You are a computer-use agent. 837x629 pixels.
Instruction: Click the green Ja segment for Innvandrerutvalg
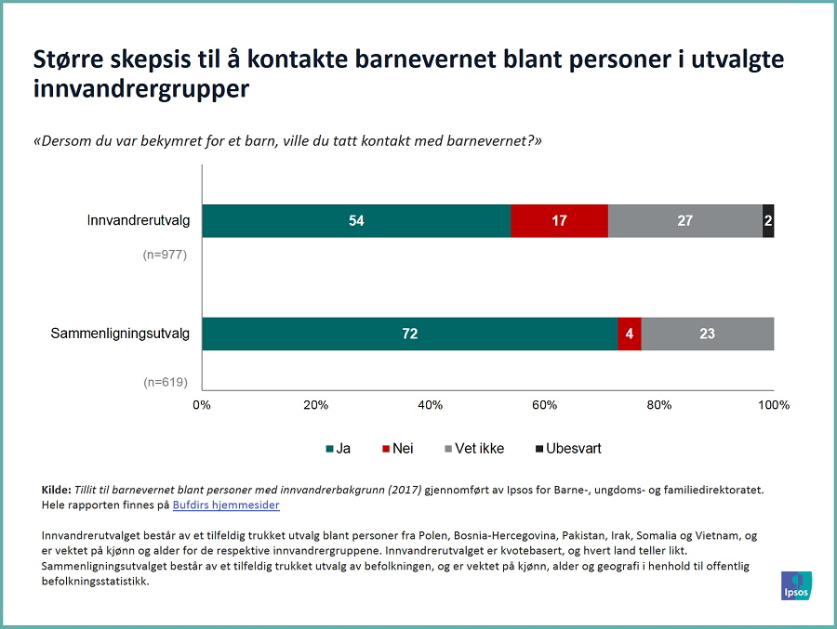[x=356, y=220]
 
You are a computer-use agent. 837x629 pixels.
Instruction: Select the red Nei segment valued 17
[x=559, y=220]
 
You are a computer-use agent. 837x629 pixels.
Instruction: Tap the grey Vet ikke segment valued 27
[x=684, y=220]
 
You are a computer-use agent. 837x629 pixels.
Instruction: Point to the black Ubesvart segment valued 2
[x=768, y=220]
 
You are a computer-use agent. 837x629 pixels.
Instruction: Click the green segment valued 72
[x=409, y=334]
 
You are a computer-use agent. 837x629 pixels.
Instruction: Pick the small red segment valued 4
[x=630, y=334]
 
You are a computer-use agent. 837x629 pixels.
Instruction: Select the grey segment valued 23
[x=707, y=334]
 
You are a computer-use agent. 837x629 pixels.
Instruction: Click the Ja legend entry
[x=339, y=449]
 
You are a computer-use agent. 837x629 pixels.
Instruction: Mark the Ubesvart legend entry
[x=567, y=449]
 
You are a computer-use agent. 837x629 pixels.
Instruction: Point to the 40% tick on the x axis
[x=431, y=405]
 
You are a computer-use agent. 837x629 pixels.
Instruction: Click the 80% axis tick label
[x=659, y=405]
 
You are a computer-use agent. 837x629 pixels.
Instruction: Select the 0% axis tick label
[x=202, y=405]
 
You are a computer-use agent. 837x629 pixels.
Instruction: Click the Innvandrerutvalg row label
[x=139, y=220]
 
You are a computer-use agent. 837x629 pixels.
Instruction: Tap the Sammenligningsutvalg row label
[x=120, y=334]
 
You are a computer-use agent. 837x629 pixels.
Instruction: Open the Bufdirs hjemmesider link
[x=226, y=505]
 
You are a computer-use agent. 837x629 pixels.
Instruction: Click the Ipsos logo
[x=796, y=585]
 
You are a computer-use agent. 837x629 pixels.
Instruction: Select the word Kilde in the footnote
[x=57, y=489]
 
